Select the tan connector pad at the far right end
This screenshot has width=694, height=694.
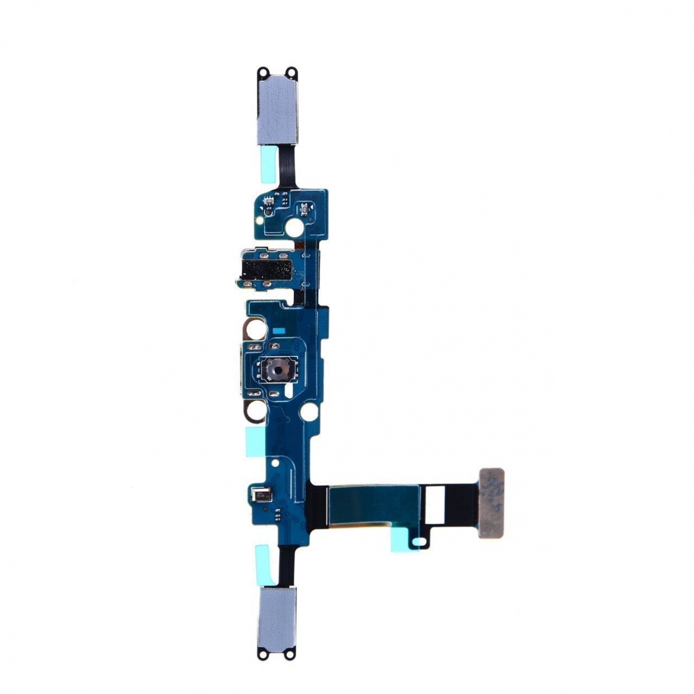tap(491, 502)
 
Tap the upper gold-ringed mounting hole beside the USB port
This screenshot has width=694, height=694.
tap(254, 330)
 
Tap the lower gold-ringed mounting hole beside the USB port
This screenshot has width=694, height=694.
tap(254, 410)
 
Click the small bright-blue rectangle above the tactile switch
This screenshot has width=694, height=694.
tap(280, 331)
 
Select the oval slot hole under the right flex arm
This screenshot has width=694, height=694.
tap(421, 540)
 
